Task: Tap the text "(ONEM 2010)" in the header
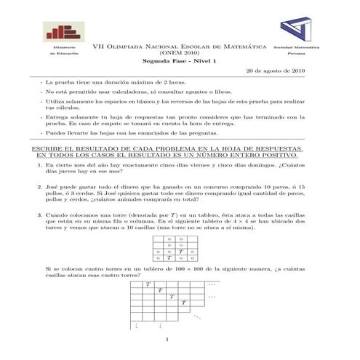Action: pyautogui.click(x=179, y=53)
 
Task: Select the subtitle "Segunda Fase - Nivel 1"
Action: pyautogui.click(x=179, y=62)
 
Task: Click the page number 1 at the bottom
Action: pyautogui.click(x=167, y=340)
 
